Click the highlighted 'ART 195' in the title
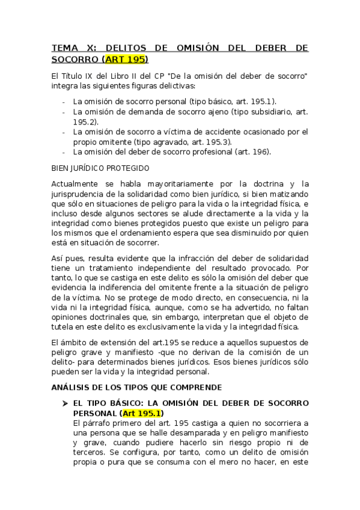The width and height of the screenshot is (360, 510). [x=126, y=59]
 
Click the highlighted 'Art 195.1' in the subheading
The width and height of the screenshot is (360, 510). [x=140, y=413]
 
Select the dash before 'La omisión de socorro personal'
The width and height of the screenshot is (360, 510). [x=63, y=102]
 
